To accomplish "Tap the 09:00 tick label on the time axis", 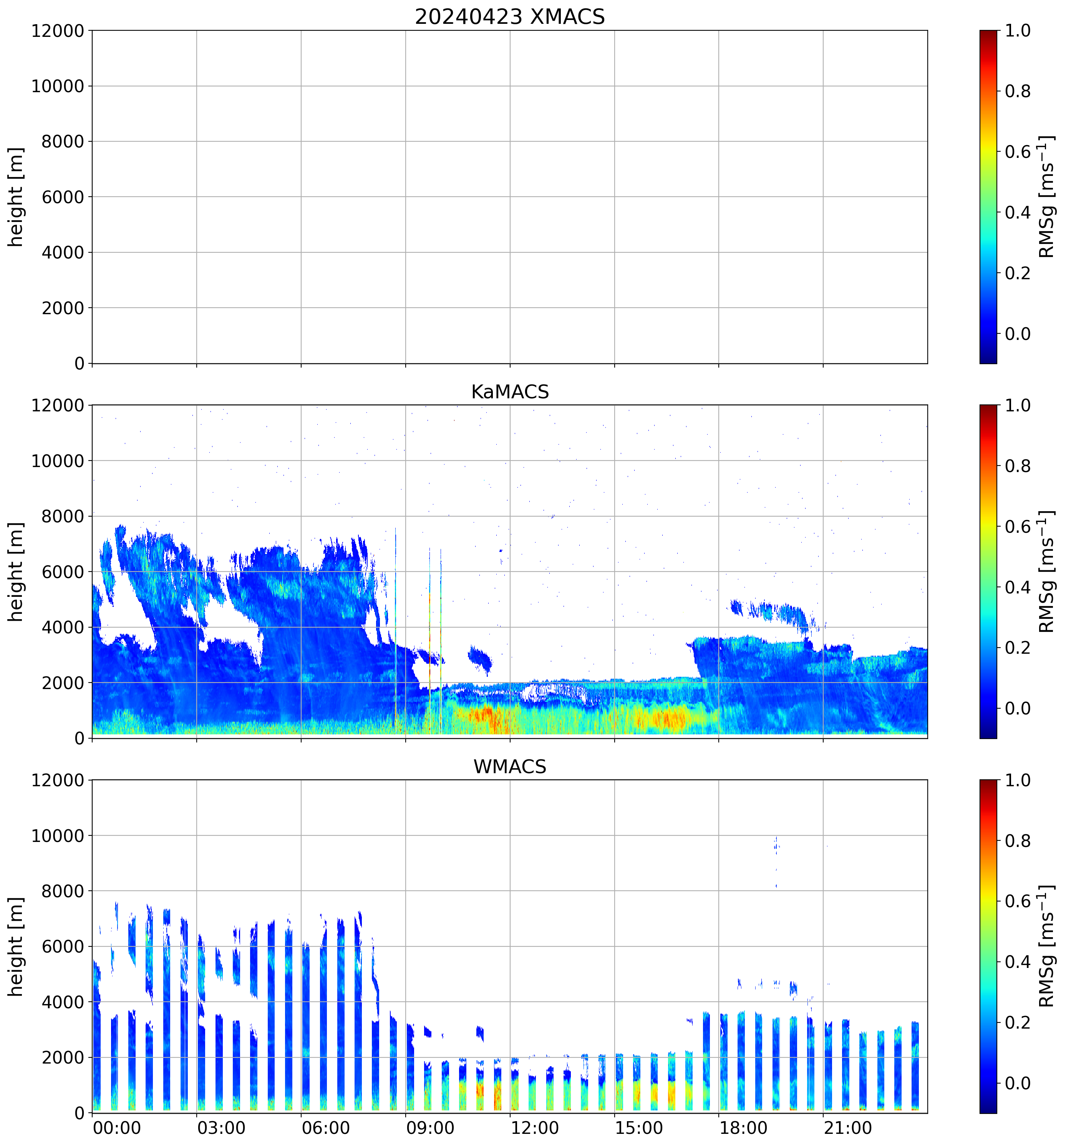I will coord(429,1127).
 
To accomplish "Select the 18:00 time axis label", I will coord(743,1127).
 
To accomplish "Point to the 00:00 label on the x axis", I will coord(116,1127).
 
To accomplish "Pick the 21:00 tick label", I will coord(847,1127).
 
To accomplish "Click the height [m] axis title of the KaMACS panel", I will coord(16,572).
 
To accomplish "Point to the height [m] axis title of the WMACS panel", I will coord(16,946).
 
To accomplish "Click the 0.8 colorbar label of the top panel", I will coord(1017,91).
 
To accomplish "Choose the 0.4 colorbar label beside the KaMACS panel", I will coord(1017,587).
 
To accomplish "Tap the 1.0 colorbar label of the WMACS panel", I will coord(1017,780).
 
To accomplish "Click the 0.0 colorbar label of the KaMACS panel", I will coord(1017,708).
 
